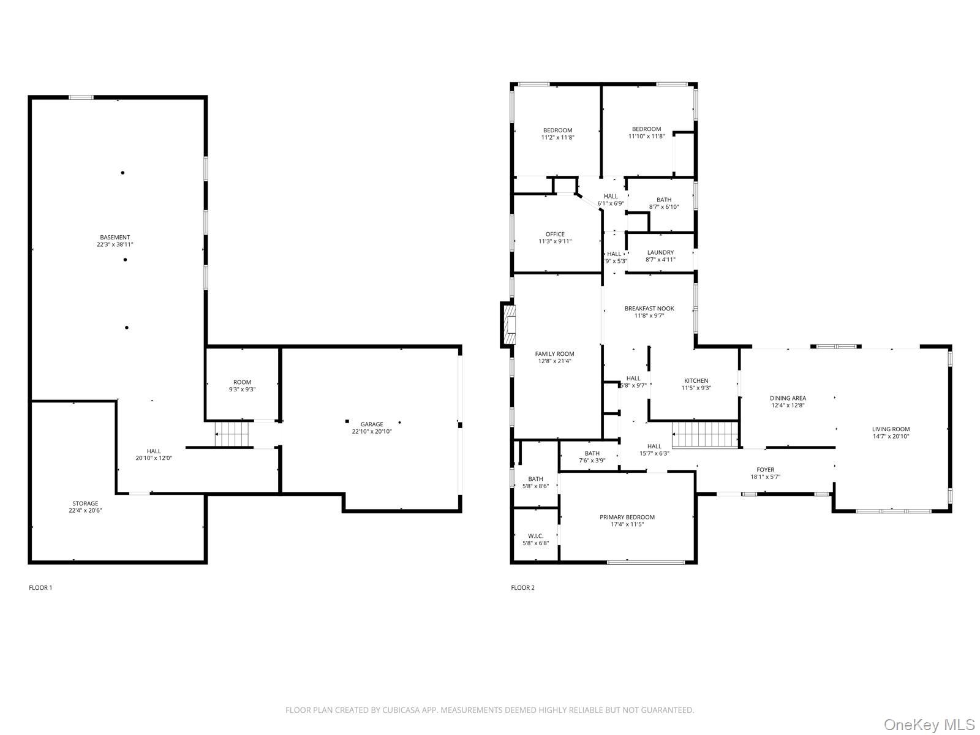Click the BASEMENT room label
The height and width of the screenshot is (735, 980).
[x=115, y=238]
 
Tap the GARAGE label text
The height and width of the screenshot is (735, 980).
[x=372, y=424]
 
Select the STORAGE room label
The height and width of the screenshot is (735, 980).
[x=85, y=503]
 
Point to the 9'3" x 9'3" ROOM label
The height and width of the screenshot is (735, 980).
[x=242, y=386]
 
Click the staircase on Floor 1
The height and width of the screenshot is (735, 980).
[x=232, y=434]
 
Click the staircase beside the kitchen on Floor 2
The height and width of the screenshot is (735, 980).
[x=705, y=435]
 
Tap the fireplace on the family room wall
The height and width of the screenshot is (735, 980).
[x=508, y=325]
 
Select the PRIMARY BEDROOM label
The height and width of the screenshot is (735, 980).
[x=627, y=517]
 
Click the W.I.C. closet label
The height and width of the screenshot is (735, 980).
[x=536, y=536]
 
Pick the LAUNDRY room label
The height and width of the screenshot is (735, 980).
[x=660, y=252]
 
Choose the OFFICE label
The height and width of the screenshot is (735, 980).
[x=555, y=235]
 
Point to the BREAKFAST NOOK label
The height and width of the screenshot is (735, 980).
[x=649, y=309]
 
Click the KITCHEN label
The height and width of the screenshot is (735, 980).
[x=696, y=381]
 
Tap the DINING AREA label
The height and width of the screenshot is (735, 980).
[x=788, y=399]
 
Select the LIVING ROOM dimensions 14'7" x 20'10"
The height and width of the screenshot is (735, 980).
[x=891, y=437]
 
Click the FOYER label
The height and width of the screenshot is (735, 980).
[x=765, y=470]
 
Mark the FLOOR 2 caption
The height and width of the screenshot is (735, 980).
[x=523, y=588]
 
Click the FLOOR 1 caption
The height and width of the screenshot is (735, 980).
[x=40, y=588]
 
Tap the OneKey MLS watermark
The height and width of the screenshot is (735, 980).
[x=930, y=725]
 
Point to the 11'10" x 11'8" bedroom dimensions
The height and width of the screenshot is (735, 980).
[x=646, y=137]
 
